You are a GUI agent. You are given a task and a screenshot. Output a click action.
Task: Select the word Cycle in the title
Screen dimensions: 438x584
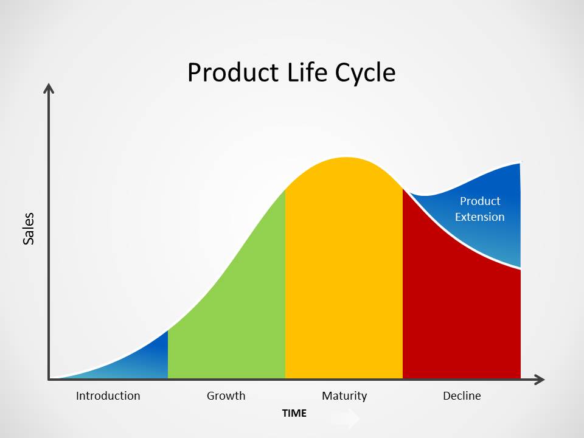(365, 73)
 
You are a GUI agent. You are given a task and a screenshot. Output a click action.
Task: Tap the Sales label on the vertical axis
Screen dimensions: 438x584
(29, 229)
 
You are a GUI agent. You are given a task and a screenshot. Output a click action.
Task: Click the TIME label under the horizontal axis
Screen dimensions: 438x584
(294, 414)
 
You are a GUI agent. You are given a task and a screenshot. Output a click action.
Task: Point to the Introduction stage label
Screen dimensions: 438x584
(108, 396)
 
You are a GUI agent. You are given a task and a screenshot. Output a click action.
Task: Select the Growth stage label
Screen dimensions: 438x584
(226, 396)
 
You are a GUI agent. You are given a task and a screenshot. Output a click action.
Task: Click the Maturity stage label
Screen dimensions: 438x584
(344, 396)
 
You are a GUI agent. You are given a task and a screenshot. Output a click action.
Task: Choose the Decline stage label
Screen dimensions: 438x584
(462, 396)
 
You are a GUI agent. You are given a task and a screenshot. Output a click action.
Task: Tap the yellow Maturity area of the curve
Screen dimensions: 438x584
(344, 274)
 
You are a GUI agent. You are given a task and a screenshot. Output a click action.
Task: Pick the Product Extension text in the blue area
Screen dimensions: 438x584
(480, 209)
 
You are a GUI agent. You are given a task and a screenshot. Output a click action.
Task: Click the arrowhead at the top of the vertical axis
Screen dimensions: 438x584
(49, 89)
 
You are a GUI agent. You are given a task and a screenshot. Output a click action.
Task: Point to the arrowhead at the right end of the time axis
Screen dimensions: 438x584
(539, 380)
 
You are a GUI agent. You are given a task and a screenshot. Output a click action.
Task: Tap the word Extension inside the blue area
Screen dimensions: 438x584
(480, 217)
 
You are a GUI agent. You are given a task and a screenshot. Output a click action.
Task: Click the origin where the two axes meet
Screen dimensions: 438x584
(49, 380)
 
